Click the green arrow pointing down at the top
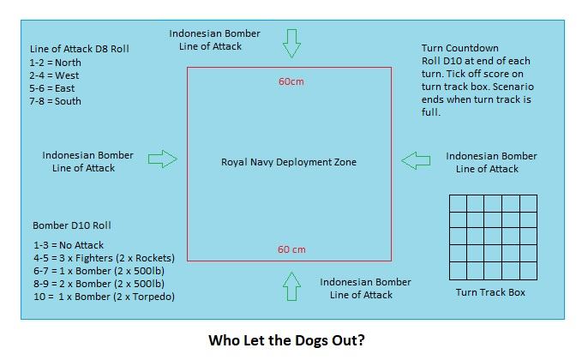[x=292, y=43]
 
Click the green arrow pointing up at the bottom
[x=292, y=285]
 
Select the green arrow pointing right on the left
[x=162, y=159]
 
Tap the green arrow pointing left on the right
[x=417, y=159]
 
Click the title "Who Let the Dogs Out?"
[x=287, y=340]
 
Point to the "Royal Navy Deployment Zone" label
[x=288, y=162]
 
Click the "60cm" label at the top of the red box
[x=291, y=82]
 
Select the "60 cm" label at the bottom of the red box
[x=291, y=249]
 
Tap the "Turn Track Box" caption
[x=491, y=292]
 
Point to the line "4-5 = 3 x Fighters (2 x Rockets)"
[x=103, y=258]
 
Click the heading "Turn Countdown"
[x=460, y=48]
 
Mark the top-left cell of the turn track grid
[x=458, y=202]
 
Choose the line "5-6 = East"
[x=54, y=88]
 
